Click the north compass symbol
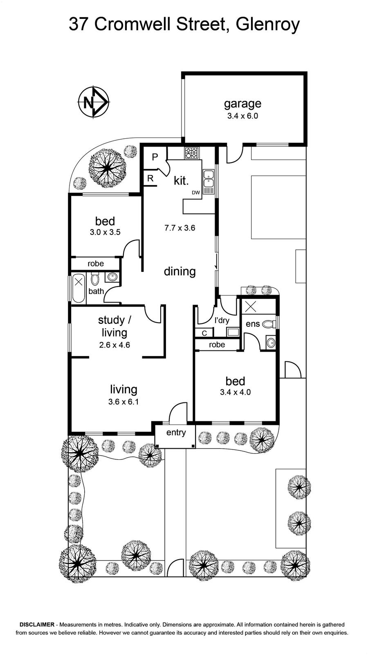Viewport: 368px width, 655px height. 94,102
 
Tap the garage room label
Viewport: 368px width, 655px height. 242,104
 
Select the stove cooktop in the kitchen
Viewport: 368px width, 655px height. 191,153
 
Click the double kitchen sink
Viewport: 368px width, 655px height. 209,179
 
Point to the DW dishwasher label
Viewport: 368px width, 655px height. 196,193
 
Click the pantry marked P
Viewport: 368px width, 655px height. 155,157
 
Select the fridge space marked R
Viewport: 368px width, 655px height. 150,178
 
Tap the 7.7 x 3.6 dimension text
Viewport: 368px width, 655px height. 180,228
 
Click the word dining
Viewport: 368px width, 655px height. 180,272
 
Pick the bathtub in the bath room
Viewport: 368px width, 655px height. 78,289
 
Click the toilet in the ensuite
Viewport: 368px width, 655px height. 269,324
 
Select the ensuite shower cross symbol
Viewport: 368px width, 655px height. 251,307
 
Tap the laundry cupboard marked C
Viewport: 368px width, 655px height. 204,333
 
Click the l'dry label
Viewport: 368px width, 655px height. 222,321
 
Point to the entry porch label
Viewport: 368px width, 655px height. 176,433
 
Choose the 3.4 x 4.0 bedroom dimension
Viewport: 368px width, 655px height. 236,392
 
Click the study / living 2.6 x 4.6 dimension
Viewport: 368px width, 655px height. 114,345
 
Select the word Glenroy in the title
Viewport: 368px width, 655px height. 268,25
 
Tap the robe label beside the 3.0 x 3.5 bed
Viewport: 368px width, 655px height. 96,264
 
